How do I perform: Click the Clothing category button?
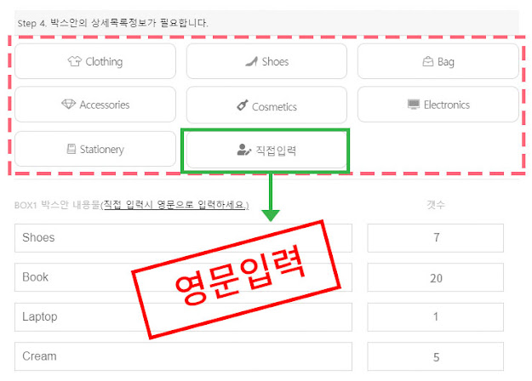94,61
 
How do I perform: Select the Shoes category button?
266,61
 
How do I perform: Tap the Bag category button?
438,61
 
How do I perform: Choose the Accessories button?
94,105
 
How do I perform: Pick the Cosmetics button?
266,105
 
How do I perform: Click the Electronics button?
438,105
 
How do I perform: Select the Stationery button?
94,149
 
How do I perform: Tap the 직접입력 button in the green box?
266,150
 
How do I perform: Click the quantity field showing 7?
436,238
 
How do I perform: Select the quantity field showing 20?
436,277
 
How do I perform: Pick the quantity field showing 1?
436,316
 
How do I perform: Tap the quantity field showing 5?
436,356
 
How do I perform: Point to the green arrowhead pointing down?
270,214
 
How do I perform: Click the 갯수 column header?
435,206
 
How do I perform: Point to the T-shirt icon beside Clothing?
74,61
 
